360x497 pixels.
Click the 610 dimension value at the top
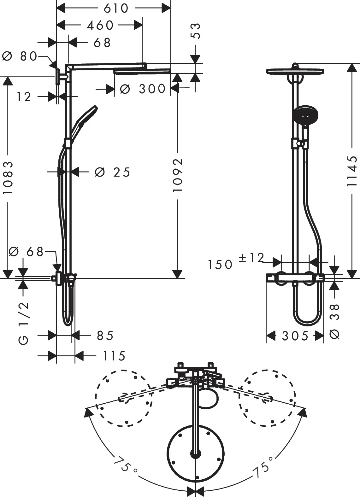point(116,8)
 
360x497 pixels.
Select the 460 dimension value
point(100,25)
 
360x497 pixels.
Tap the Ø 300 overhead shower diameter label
point(143,89)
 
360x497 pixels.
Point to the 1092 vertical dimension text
point(178,175)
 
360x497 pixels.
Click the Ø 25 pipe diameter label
point(112,172)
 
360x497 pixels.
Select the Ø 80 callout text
point(20,56)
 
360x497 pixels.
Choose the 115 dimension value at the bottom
point(114,356)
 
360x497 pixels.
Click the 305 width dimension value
point(295,336)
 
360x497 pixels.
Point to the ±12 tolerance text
point(251,258)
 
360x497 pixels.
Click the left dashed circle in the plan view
point(124,398)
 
